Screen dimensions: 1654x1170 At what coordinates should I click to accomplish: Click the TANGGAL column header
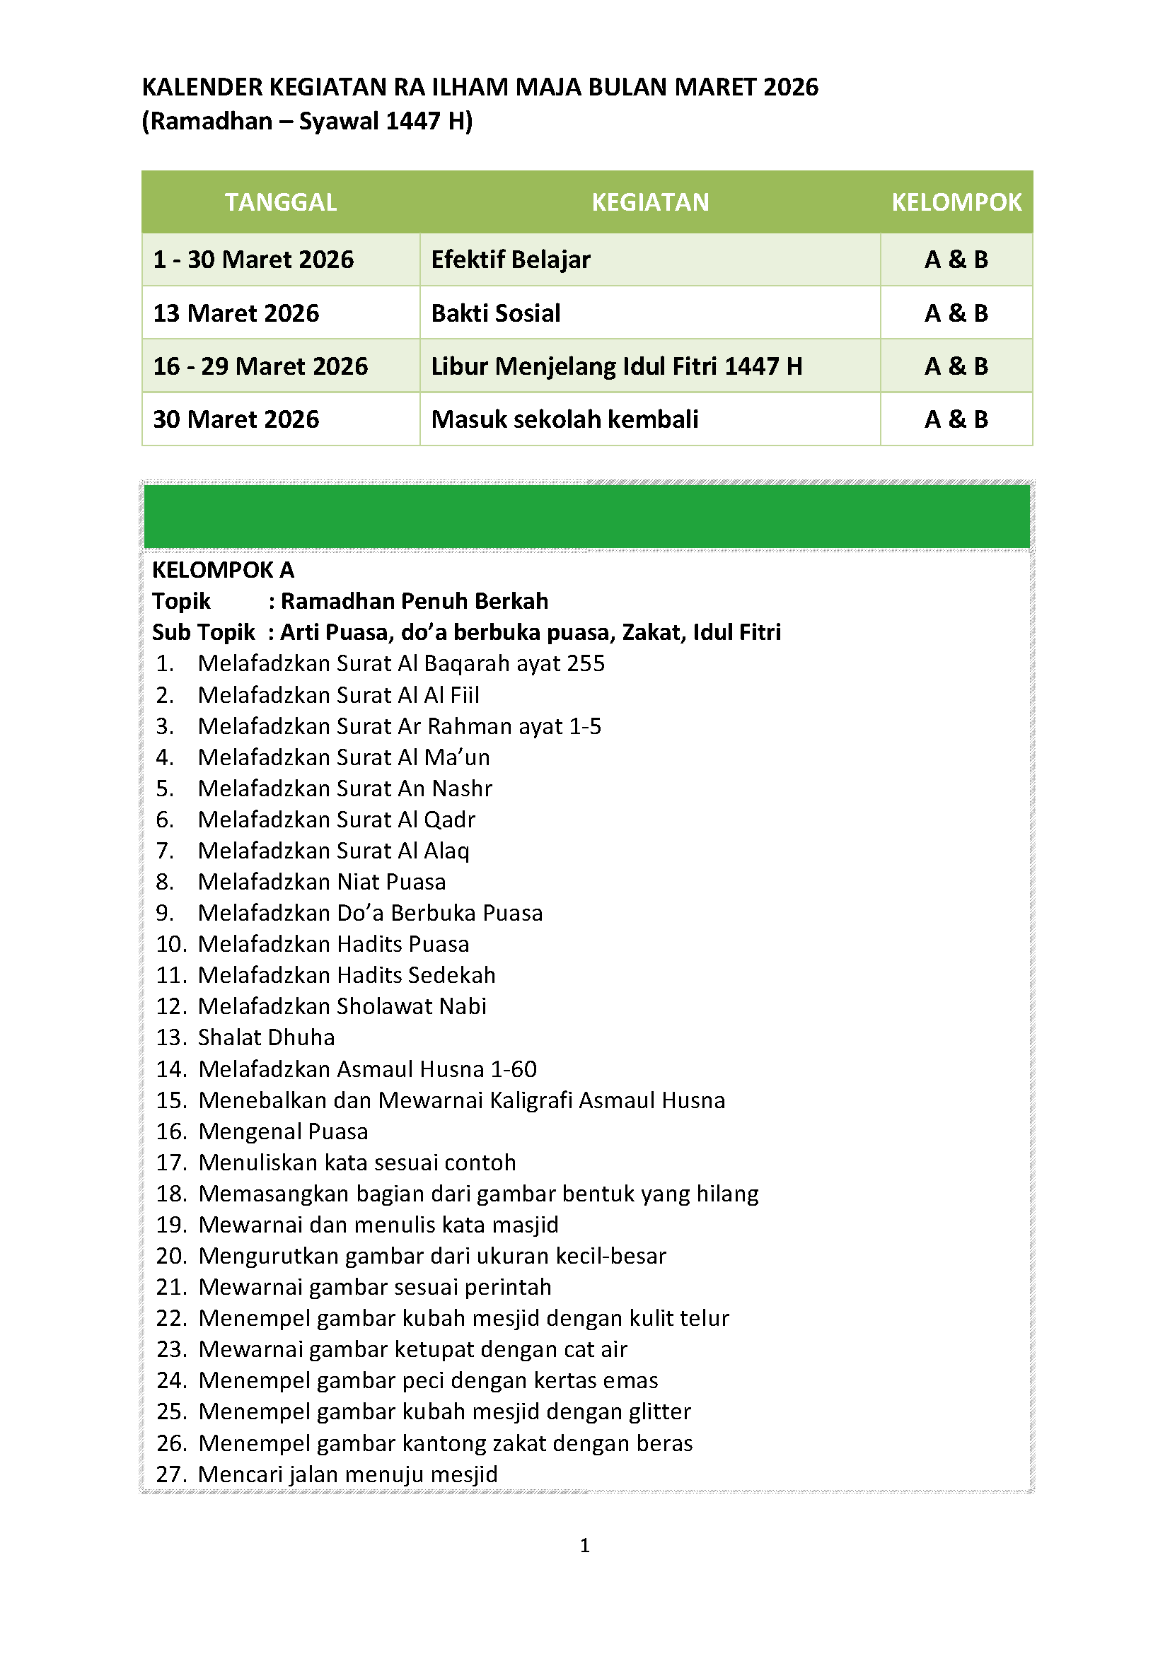tap(280, 202)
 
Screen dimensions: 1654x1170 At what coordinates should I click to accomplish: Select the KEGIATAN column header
tap(650, 202)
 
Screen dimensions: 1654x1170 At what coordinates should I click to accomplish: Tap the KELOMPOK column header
tap(956, 202)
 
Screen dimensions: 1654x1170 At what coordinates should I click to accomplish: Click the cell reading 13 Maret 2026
tap(236, 313)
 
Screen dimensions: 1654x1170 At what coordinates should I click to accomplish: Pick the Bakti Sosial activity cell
tap(496, 313)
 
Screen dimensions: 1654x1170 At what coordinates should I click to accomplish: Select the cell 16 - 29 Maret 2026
tap(260, 367)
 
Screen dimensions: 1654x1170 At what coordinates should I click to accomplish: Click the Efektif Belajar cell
tap(511, 260)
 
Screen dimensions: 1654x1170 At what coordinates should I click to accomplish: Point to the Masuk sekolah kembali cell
tap(564, 419)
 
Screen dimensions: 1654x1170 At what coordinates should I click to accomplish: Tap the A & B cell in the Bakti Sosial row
tap(956, 313)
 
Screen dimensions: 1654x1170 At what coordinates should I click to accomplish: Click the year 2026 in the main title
tap(790, 87)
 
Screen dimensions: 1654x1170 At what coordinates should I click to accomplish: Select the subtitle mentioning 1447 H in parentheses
tap(307, 121)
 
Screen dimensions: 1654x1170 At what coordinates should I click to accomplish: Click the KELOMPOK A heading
tap(224, 570)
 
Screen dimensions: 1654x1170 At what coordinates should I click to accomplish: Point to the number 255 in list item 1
tap(585, 663)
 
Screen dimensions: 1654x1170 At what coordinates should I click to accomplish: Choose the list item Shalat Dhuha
tap(267, 1037)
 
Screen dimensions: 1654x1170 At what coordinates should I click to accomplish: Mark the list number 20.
tap(171, 1256)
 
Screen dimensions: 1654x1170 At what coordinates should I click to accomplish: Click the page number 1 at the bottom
tap(585, 1545)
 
